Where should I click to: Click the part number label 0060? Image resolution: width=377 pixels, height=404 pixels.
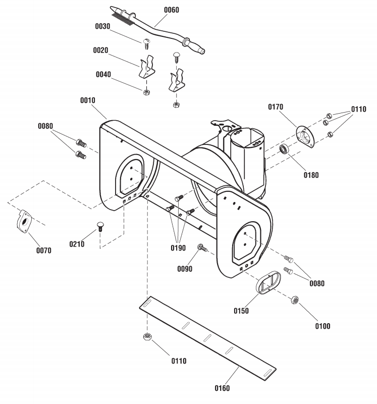tap(172, 10)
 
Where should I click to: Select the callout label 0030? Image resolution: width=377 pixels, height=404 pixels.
tap(103, 26)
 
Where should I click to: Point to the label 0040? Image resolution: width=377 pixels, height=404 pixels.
tap(103, 74)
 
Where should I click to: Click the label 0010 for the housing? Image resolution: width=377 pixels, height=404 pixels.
tap(88, 100)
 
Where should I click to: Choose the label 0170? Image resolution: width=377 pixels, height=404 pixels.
tap(276, 107)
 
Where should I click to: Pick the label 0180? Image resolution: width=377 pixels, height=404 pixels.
tap(311, 175)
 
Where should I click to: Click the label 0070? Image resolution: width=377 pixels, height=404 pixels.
tap(44, 250)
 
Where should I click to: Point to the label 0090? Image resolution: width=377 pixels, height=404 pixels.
tap(185, 269)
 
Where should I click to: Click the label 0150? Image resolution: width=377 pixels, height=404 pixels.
tap(241, 311)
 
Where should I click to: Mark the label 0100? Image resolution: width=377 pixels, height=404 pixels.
tap(322, 326)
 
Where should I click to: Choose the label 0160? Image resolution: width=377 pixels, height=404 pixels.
tap(222, 388)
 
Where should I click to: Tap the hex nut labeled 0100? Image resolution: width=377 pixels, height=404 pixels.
tap(295, 300)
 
